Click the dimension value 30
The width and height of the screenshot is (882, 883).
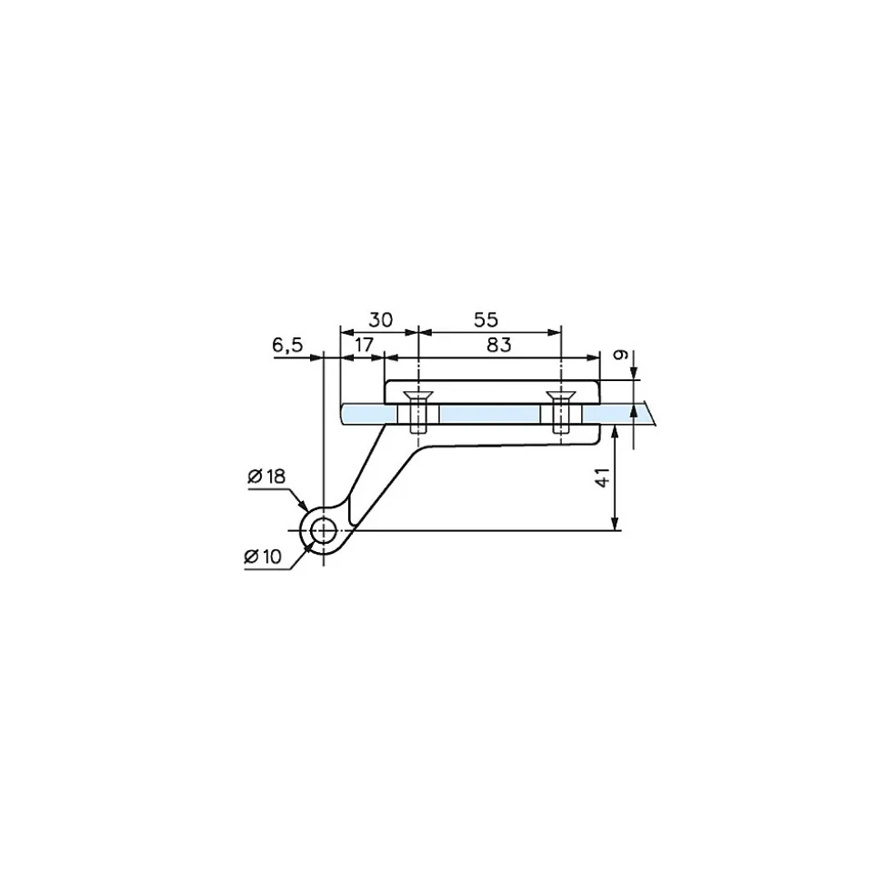[x=380, y=320]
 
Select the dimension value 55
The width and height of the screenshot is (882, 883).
[x=486, y=320]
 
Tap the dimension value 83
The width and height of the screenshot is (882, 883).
[x=499, y=345]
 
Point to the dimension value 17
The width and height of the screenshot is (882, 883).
[x=364, y=344]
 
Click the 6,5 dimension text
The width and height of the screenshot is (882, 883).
[x=287, y=346]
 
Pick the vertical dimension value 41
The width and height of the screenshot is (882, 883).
[x=603, y=477]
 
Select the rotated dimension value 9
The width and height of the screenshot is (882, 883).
[x=621, y=355]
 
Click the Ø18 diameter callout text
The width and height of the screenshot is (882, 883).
[x=266, y=477]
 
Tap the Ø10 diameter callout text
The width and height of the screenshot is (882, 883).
[x=263, y=557]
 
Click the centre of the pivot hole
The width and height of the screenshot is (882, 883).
[x=324, y=530]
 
